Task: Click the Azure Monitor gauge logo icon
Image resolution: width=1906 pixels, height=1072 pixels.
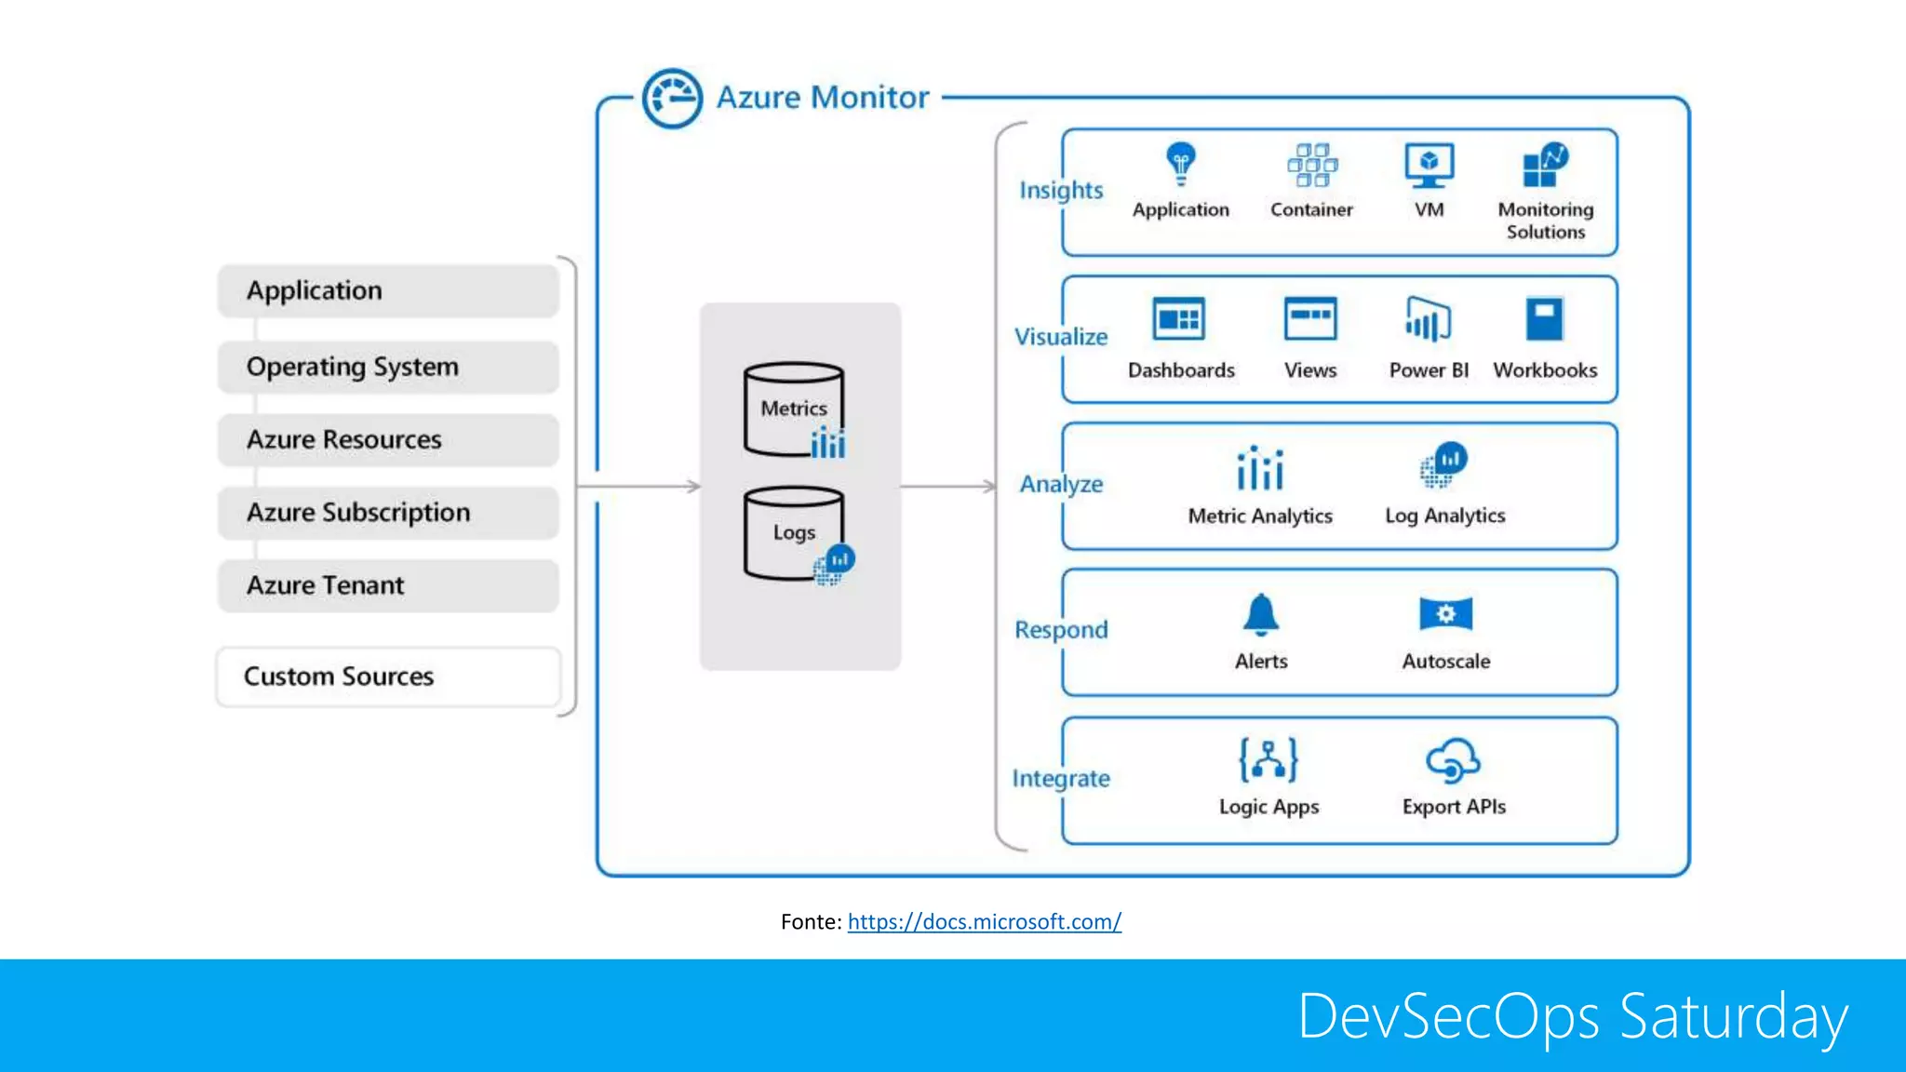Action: pos(672,98)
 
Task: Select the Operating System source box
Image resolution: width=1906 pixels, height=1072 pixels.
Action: pos(388,367)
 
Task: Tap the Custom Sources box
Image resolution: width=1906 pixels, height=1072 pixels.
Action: pos(388,677)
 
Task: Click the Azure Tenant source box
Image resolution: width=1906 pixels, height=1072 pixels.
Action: pos(388,585)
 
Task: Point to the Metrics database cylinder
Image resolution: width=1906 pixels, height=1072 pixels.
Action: pos(794,409)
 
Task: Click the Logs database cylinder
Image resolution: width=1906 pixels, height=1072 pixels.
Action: pos(794,533)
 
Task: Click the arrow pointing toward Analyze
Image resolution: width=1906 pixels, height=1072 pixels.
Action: pos(948,486)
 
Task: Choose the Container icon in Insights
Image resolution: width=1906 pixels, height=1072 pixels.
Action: pos(1311,165)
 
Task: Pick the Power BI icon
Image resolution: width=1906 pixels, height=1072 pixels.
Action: pos(1428,319)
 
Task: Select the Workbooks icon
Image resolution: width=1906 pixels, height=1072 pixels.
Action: pos(1545,319)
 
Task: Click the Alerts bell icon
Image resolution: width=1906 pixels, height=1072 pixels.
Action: pos(1261,614)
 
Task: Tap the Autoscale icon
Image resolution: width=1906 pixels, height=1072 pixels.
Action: pos(1445,614)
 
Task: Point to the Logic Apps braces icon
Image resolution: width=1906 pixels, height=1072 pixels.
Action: pos(1268,759)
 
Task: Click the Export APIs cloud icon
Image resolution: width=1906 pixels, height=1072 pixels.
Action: pos(1453,760)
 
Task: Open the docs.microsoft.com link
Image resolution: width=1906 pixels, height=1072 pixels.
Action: pos(984,921)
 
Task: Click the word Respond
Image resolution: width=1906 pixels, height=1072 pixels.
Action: pos(1061,630)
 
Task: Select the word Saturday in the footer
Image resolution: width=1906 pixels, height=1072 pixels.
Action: pos(1733,1016)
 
